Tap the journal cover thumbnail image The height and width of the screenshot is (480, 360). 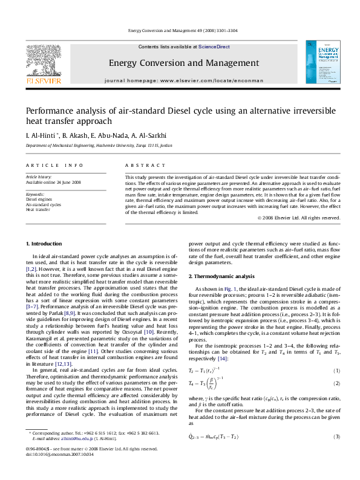tap(318, 62)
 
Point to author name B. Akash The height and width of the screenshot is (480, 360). tap(71, 135)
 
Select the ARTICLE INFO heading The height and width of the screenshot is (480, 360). tap(54, 165)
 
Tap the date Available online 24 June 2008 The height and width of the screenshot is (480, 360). tap(53, 182)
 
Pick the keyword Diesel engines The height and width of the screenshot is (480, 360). tap(39, 199)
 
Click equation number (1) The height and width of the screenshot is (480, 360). tap(337, 370)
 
